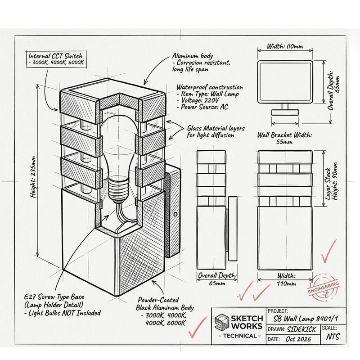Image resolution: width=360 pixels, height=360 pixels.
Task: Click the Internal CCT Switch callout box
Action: click(57, 59)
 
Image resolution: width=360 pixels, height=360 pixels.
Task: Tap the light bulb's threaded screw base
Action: click(118, 188)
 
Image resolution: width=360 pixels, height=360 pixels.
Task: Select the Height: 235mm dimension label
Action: click(33, 176)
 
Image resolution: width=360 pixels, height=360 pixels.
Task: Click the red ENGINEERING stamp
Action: click(324, 288)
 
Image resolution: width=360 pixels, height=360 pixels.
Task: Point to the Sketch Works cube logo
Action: click(222, 321)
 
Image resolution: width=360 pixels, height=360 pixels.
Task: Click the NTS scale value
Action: click(333, 337)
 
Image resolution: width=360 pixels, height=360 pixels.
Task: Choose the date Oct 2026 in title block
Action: click(298, 339)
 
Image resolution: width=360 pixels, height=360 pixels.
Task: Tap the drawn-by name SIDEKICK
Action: click(301, 329)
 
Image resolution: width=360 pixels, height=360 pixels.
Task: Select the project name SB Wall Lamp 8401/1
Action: click(306, 319)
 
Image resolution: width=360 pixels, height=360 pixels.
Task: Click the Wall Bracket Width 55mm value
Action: click(284, 142)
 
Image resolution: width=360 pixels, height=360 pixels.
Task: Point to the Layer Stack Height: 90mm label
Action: click(332, 181)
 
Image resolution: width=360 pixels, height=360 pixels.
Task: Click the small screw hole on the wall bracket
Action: click(175, 214)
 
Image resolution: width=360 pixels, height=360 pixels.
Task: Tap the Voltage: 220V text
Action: click(198, 100)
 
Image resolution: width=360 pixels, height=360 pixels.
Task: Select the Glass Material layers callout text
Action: click(216, 131)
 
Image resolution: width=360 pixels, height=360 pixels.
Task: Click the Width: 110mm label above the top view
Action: click(285, 46)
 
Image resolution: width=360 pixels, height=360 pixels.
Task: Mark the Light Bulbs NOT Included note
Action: click(63, 313)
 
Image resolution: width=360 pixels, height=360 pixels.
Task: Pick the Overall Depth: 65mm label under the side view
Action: click(217, 279)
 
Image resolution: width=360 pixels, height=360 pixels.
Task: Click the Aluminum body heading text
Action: click(193, 56)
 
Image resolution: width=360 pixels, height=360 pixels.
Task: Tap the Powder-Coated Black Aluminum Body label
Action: click(165, 304)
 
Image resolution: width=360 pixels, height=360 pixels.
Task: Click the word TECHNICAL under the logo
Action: click(240, 336)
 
